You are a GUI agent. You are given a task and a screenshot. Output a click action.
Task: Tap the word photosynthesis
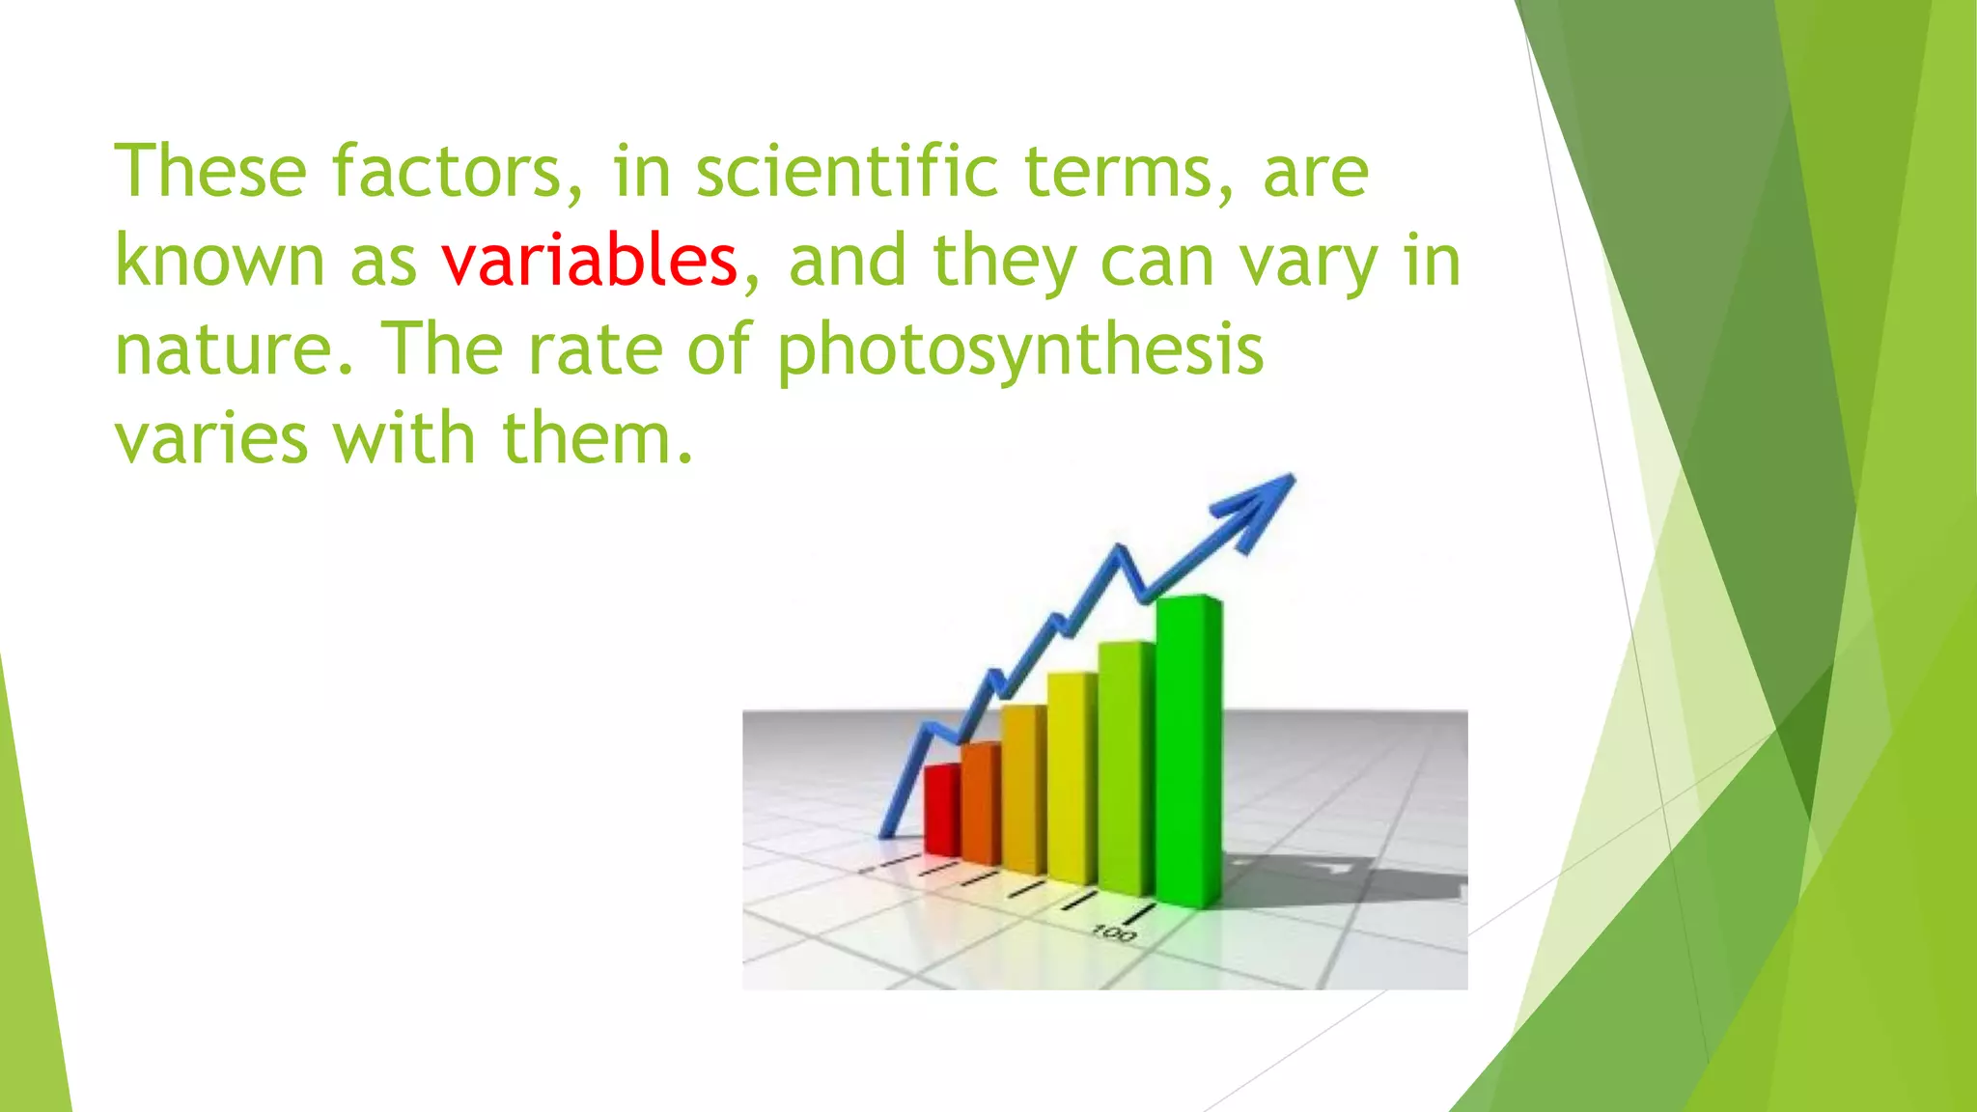coord(1020,351)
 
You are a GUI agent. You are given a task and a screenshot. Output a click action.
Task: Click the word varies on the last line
coord(211,438)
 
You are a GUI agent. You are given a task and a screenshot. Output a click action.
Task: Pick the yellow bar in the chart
coord(1072,778)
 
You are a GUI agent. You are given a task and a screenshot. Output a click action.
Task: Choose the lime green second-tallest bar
coord(1127,767)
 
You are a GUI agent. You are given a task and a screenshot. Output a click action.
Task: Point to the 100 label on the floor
coord(1114,933)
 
